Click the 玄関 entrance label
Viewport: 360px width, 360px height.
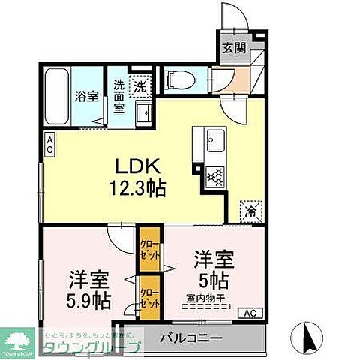click(x=232, y=48)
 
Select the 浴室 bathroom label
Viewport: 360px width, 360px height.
click(x=87, y=95)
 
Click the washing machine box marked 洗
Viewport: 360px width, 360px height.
click(x=139, y=86)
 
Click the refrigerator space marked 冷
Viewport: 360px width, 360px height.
click(x=252, y=211)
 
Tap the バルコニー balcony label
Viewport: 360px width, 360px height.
click(x=190, y=337)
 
